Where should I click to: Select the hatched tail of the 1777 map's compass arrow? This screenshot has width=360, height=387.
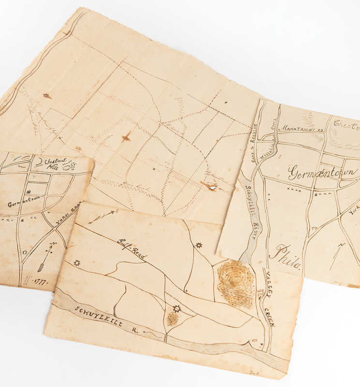pos(42,266)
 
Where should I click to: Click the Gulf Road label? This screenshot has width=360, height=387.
pos(131,250)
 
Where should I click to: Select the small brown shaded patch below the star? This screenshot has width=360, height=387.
pos(172,318)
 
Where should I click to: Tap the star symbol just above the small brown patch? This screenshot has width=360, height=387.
pos(177,308)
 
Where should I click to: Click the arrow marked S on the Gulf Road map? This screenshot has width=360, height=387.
pos(102,216)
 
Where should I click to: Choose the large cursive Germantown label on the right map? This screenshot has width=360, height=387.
pos(323,173)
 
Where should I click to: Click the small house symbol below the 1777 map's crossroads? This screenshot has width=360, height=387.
pos(25,252)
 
